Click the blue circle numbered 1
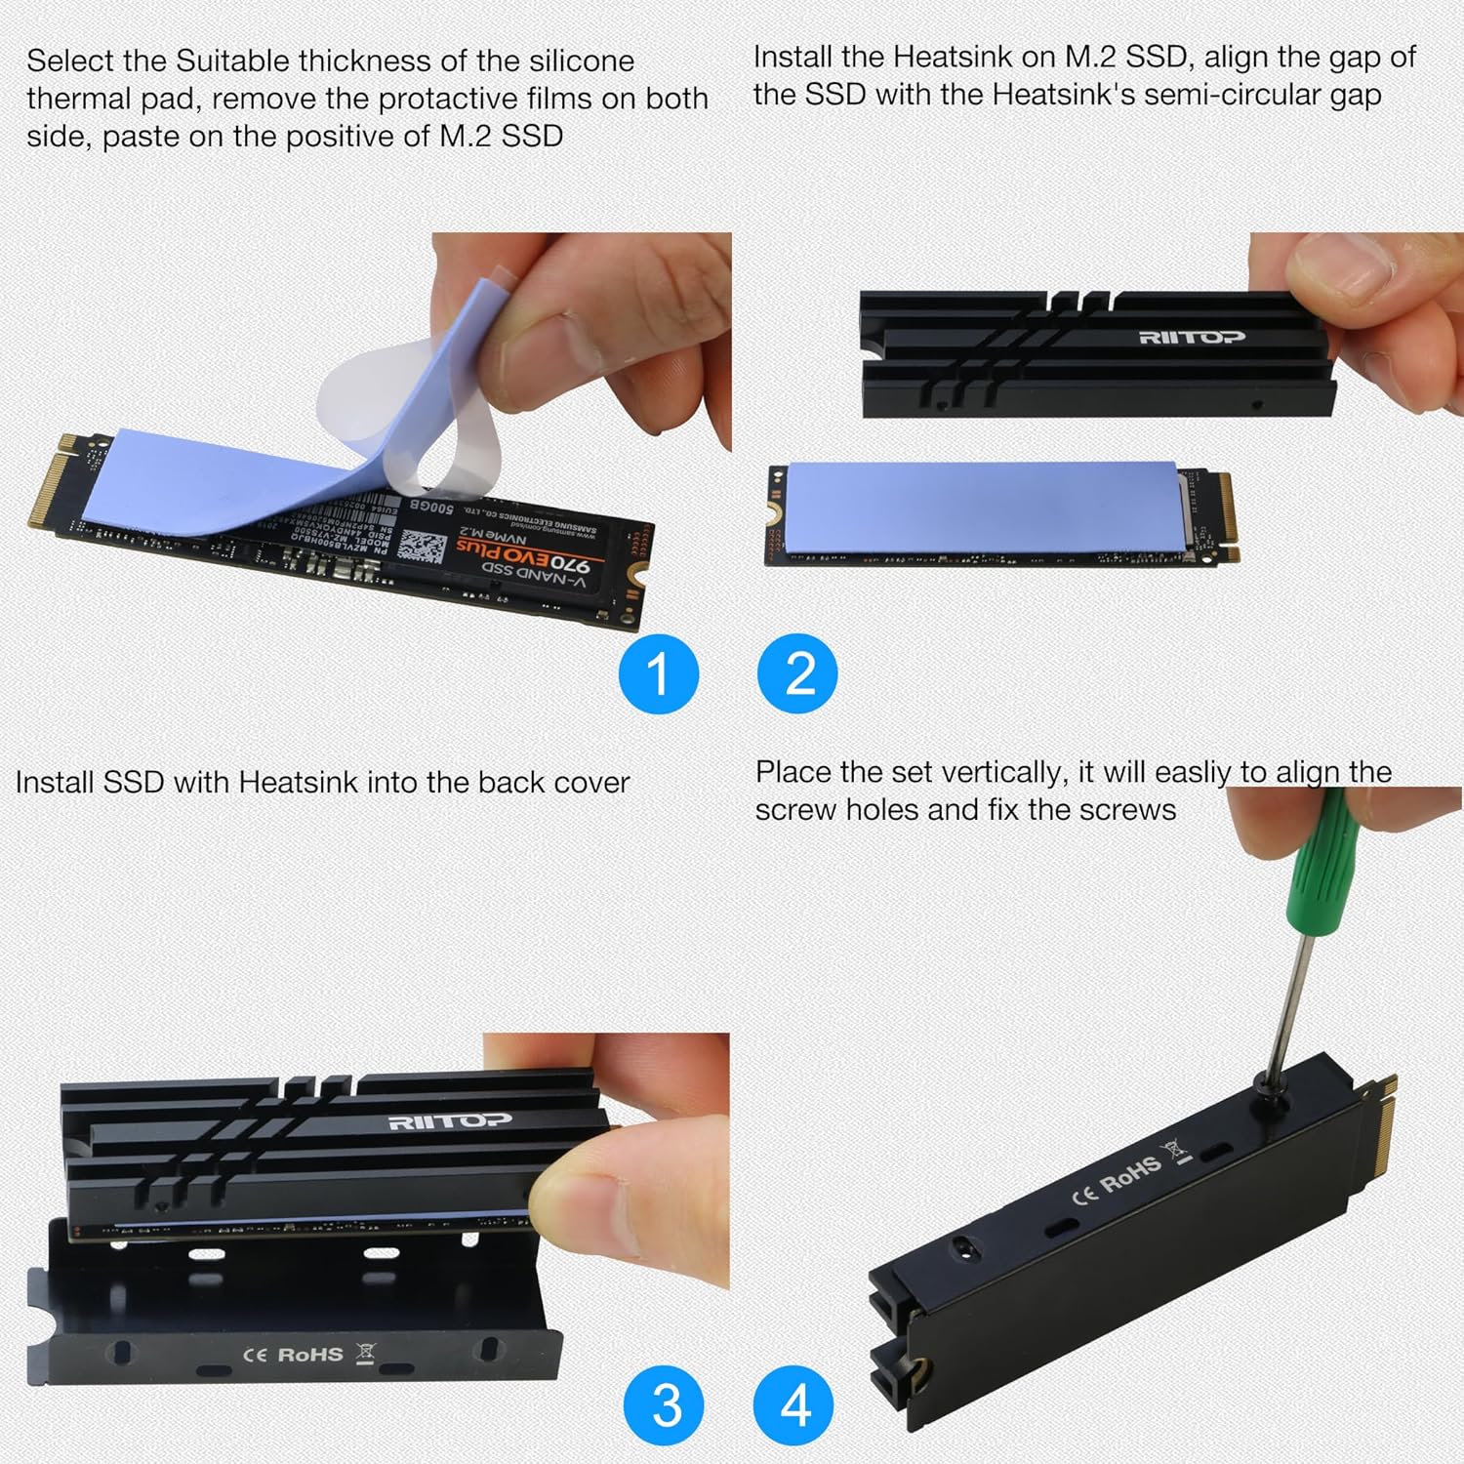(x=659, y=673)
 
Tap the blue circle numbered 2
(x=797, y=673)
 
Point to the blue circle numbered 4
(x=794, y=1405)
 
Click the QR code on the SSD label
(x=423, y=547)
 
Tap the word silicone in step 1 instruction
(x=582, y=61)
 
